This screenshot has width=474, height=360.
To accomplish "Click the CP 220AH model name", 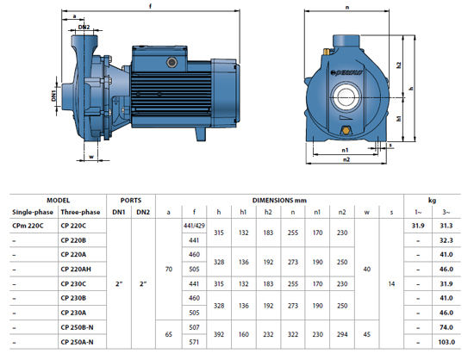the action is pyautogui.click(x=76, y=269).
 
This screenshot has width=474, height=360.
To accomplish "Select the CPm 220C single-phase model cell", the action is pyautogui.click(x=28, y=226).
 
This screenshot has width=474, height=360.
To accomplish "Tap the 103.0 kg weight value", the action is pyautogui.click(x=446, y=342).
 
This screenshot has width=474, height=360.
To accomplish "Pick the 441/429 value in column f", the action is pyautogui.click(x=194, y=226).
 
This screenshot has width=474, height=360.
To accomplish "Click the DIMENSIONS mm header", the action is pyautogui.click(x=279, y=200).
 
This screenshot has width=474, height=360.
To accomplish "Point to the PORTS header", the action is pyautogui.click(x=131, y=200).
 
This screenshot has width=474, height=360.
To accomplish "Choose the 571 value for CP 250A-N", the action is pyautogui.click(x=194, y=342).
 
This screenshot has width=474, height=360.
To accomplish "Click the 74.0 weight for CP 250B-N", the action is pyautogui.click(x=446, y=327).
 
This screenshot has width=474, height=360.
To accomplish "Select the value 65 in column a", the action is pyautogui.click(x=169, y=335).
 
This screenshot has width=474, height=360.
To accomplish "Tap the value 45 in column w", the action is pyautogui.click(x=366, y=335).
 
